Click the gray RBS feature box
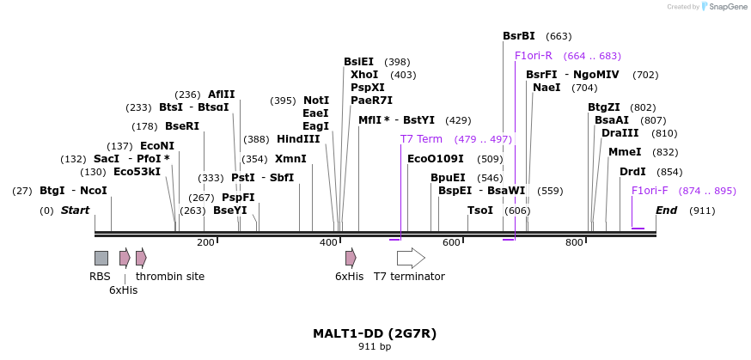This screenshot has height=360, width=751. (x=101, y=258)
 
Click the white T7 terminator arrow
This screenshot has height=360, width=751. (x=411, y=258)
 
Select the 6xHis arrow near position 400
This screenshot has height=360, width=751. (x=351, y=258)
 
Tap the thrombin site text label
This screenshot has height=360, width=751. (x=170, y=277)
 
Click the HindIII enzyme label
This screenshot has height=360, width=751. (x=298, y=139)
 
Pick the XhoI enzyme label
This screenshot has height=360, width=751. (x=364, y=75)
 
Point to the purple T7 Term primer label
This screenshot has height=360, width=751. (x=421, y=139)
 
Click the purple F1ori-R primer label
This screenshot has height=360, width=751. (x=534, y=56)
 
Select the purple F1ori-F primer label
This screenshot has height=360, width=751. (x=650, y=191)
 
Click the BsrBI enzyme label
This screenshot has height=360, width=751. (x=519, y=36)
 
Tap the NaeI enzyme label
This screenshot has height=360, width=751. (x=546, y=88)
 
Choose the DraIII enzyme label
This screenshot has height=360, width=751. (x=620, y=133)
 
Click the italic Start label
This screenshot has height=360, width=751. (x=75, y=211)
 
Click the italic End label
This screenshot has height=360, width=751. (x=667, y=211)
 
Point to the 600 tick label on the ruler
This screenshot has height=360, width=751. (x=451, y=243)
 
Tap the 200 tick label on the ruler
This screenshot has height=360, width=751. (x=205, y=243)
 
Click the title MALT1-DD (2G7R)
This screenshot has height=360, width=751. (x=375, y=333)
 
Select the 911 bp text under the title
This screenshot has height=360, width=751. (x=375, y=347)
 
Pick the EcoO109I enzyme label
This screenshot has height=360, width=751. (x=436, y=159)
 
